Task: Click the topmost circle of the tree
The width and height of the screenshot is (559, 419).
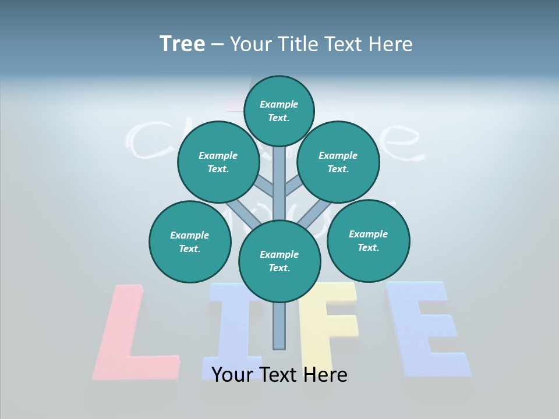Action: coord(279,111)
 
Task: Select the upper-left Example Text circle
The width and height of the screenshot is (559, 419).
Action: coord(218,162)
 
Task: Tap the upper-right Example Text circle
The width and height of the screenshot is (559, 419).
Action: coord(338,162)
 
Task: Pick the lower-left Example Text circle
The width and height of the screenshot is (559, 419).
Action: coord(190,242)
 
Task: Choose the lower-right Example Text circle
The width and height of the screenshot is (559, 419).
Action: coord(369,240)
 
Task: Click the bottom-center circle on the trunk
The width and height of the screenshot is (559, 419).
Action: coord(279,261)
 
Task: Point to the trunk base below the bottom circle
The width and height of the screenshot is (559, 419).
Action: coord(279,326)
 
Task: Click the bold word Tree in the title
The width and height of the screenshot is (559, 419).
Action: coord(182,44)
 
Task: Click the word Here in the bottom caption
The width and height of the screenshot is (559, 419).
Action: coord(326,375)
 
